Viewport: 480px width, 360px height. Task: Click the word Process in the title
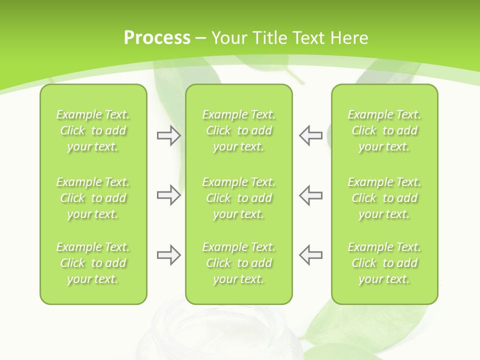coord(157,38)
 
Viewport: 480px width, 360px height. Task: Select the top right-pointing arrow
coord(168,135)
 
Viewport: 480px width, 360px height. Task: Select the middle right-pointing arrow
coord(168,195)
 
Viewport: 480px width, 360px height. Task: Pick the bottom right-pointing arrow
coord(168,255)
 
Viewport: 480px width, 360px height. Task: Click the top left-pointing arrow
coord(311,135)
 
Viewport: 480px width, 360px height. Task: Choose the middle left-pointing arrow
coord(311,195)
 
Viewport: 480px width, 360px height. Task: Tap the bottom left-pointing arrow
coord(311,255)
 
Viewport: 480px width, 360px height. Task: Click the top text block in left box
coord(93,130)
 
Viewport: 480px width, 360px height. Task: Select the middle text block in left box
coord(93,198)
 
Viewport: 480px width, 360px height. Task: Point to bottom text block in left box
coord(93,263)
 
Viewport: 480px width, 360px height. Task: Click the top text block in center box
coord(238,130)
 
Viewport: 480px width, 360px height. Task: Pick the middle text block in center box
coord(238,198)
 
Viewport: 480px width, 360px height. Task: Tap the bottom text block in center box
coord(238,263)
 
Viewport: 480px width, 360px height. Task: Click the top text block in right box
coord(384,130)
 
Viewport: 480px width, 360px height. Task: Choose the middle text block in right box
coord(384,198)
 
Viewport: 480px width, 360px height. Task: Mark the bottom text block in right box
coord(384,263)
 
